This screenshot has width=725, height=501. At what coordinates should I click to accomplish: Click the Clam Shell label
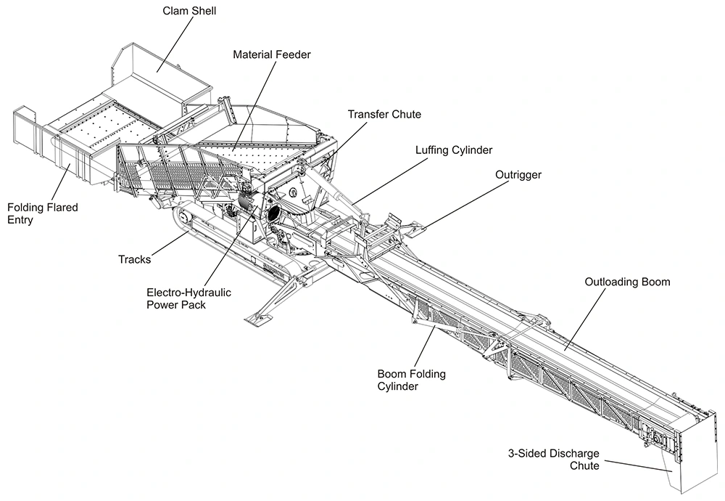point(189,11)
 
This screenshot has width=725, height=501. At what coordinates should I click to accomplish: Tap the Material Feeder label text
point(271,54)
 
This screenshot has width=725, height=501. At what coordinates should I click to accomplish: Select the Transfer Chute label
point(384,115)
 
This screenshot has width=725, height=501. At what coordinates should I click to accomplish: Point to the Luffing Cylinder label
point(454,150)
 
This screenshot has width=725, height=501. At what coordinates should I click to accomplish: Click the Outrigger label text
point(518,175)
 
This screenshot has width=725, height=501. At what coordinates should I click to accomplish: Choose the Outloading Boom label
point(627,282)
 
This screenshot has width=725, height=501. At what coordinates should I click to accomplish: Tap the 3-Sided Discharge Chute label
point(553,460)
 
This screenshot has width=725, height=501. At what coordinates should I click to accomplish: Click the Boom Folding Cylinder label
point(412,380)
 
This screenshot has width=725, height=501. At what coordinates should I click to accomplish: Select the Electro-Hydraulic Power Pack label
point(188,298)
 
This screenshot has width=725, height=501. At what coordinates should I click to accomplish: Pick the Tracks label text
point(134,259)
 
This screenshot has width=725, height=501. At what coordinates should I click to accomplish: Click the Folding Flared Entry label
point(43,213)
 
